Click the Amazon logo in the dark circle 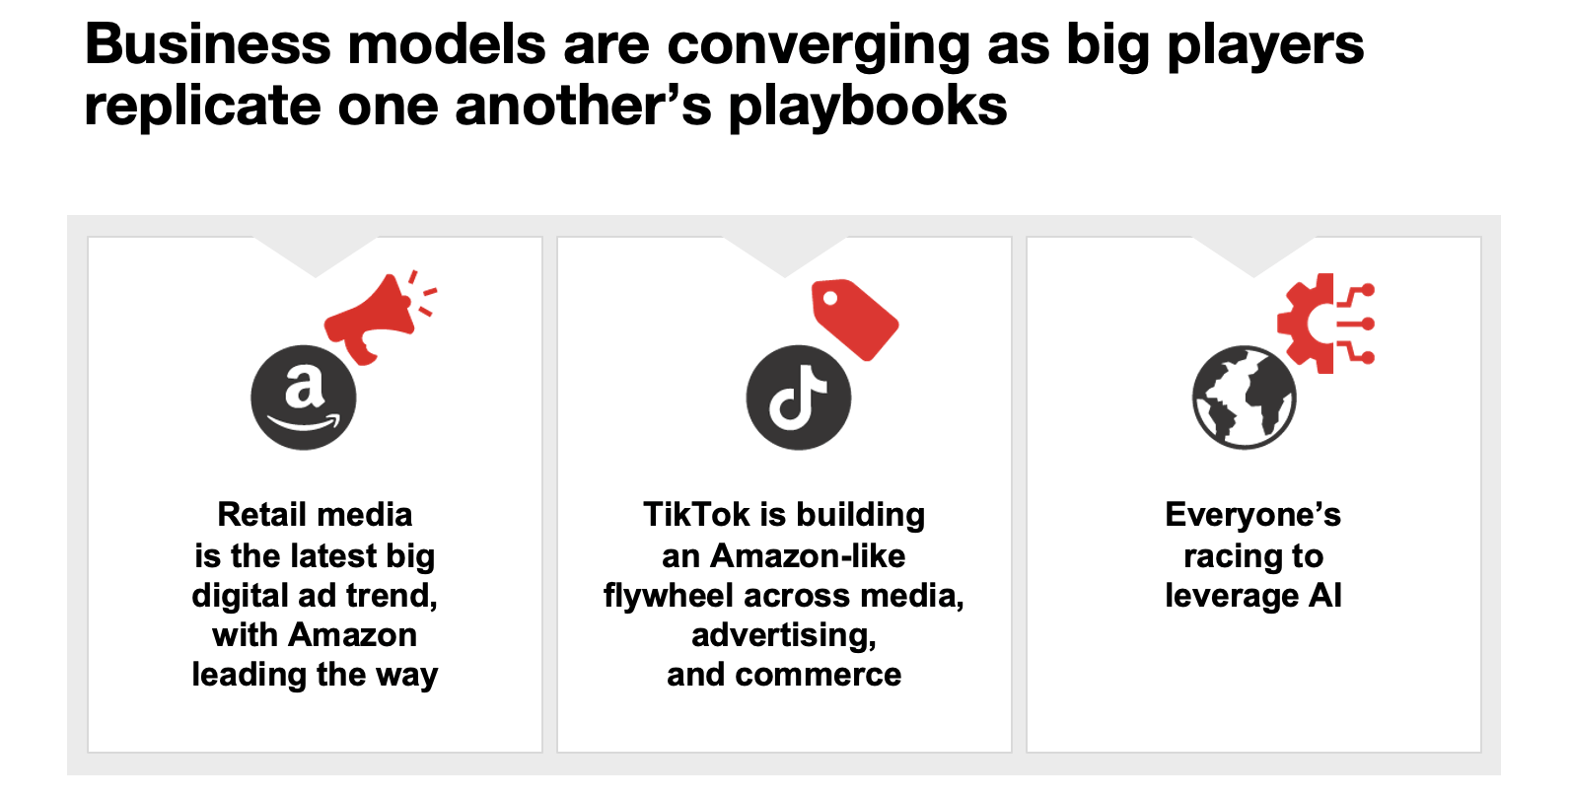click(304, 398)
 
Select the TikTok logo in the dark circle click(798, 398)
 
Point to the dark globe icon click(1244, 398)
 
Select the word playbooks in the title click(868, 107)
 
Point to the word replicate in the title click(202, 107)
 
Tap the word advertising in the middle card click(784, 635)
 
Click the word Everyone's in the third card click(1252, 514)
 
